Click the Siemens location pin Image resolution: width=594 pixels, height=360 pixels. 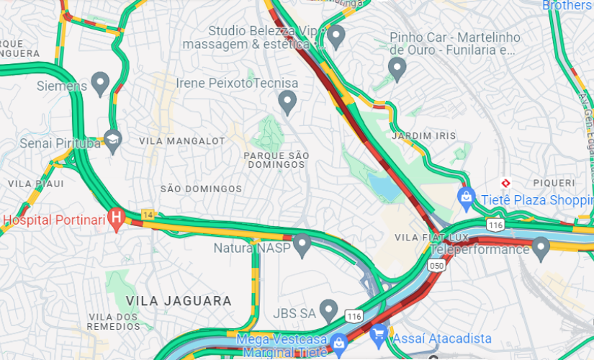(x=100, y=84)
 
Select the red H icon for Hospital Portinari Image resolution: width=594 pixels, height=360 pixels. (x=115, y=216)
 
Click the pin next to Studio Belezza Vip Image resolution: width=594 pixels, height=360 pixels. (x=336, y=35)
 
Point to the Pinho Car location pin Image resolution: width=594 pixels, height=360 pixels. (x=397, y=68)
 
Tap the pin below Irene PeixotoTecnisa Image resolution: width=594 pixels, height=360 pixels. (x=288, y=102)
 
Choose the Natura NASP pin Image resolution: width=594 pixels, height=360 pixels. (x=302, y=245)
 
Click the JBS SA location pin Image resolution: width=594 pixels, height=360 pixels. (x=329, y=310)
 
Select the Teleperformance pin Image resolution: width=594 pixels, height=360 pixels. (x=541, y=248)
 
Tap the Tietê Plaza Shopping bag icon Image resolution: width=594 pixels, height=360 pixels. (x=467, y=196)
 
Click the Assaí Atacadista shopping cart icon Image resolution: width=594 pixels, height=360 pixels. (x=379, y=335)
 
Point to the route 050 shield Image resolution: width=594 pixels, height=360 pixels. (x=436, y=266)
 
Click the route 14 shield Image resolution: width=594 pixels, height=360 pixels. (x=148, y=215)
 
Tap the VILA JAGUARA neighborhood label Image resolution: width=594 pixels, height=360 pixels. (x=179, y=301)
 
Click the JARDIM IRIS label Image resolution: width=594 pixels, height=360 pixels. (x=414, y=135)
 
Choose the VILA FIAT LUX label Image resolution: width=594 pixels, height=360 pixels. (x=432, y=237)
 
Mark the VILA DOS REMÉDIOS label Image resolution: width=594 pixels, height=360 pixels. (x=113, y=322)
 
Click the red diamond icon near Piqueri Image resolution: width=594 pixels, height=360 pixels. (x=506, y=183)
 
